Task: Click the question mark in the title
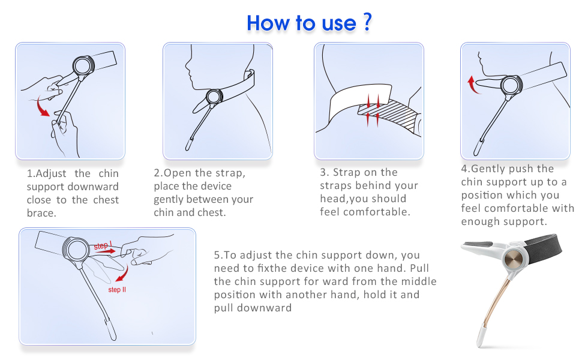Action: tap(367, 22)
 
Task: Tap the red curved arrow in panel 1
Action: tap(43, 107)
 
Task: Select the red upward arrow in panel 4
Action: tap(472, 85)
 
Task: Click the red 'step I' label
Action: tap(103, 245)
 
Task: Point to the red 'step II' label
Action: tap(117, 289)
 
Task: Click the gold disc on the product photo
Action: tap(514, 259)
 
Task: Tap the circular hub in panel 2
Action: tap(215, 97)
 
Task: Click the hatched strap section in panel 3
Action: tap(388, 113)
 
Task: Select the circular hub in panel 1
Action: tap(83, 66)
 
